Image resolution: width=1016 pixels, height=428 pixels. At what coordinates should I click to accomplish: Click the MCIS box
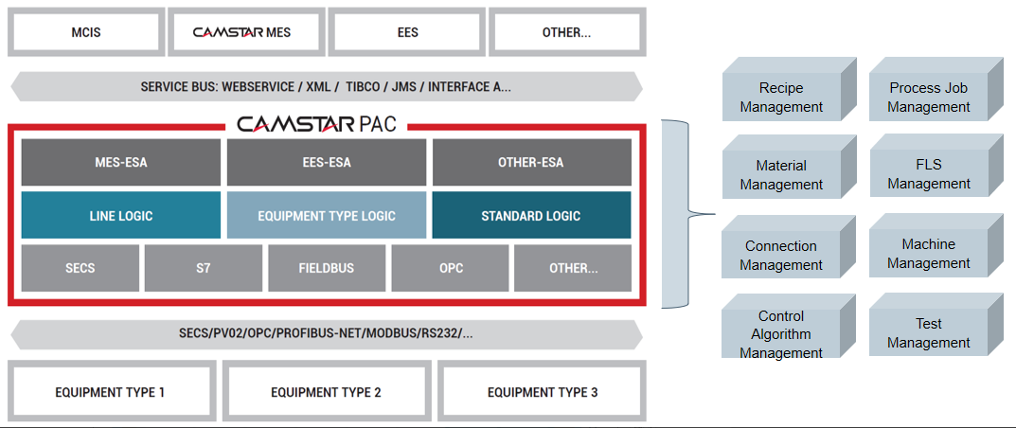[x=86, y=32]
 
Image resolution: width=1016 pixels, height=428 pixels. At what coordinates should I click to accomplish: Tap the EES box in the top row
[x=407, y=32]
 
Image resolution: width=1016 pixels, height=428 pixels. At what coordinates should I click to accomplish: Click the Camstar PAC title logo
[x=316, y=124]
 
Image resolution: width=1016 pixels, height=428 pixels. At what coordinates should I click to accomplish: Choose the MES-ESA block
[x=121, y=163]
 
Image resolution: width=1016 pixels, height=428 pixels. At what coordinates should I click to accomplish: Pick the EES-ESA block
[x=327, y=163]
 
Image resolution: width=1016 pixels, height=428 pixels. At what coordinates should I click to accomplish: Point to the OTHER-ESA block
[x=531, y=163]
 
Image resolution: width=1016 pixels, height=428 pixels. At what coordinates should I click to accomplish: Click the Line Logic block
[x=121, y=215]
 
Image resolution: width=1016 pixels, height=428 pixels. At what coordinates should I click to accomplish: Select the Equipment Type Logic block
[x=327, y=215]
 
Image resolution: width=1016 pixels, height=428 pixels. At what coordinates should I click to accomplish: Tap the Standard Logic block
[x=531, y=215]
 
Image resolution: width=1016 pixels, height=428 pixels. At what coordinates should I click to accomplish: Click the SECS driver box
[x=80, y=268]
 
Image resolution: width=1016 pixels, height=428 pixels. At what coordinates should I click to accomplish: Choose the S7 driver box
[x=204, y=268]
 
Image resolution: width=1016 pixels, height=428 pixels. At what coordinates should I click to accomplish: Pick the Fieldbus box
[x=327, y=268]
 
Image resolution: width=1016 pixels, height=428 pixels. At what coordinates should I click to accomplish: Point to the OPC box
[x=450, y=268]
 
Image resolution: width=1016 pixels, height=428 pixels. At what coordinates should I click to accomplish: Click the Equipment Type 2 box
[x=326, y=392]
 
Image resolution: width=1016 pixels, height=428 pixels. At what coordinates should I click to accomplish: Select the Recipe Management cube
[x=789, y=89]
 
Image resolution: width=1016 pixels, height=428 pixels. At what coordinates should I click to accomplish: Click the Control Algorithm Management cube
[x=789, y=326]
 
